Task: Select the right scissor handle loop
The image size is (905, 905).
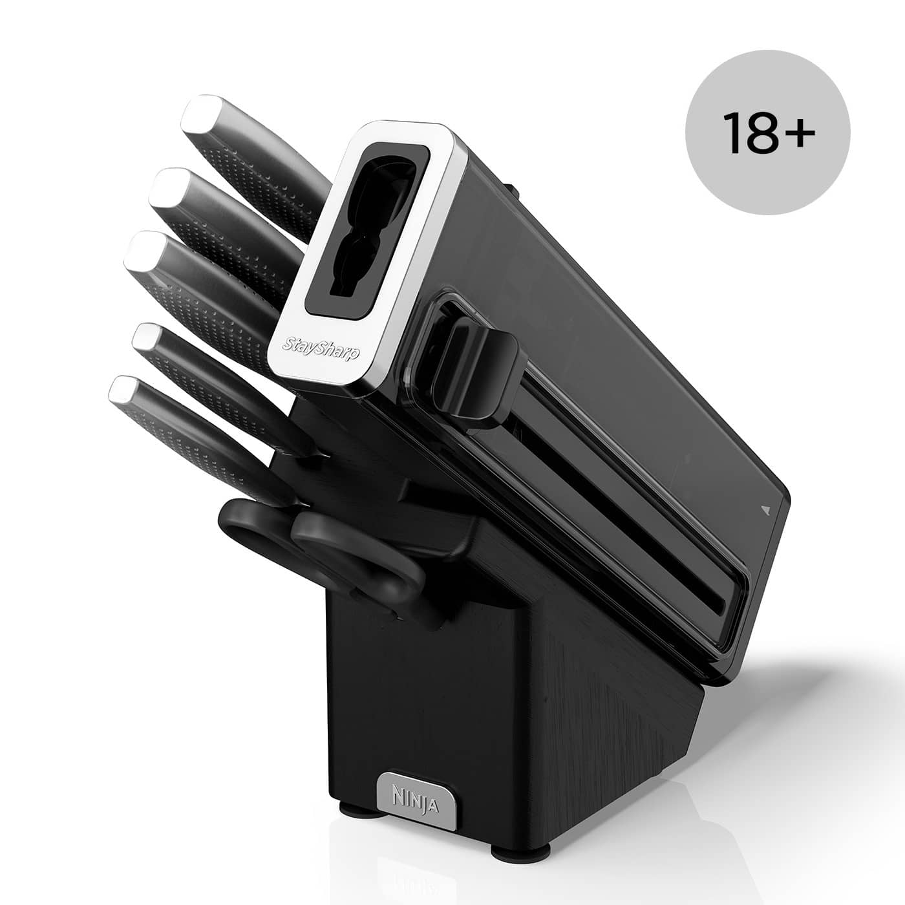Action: tap(362, 556)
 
